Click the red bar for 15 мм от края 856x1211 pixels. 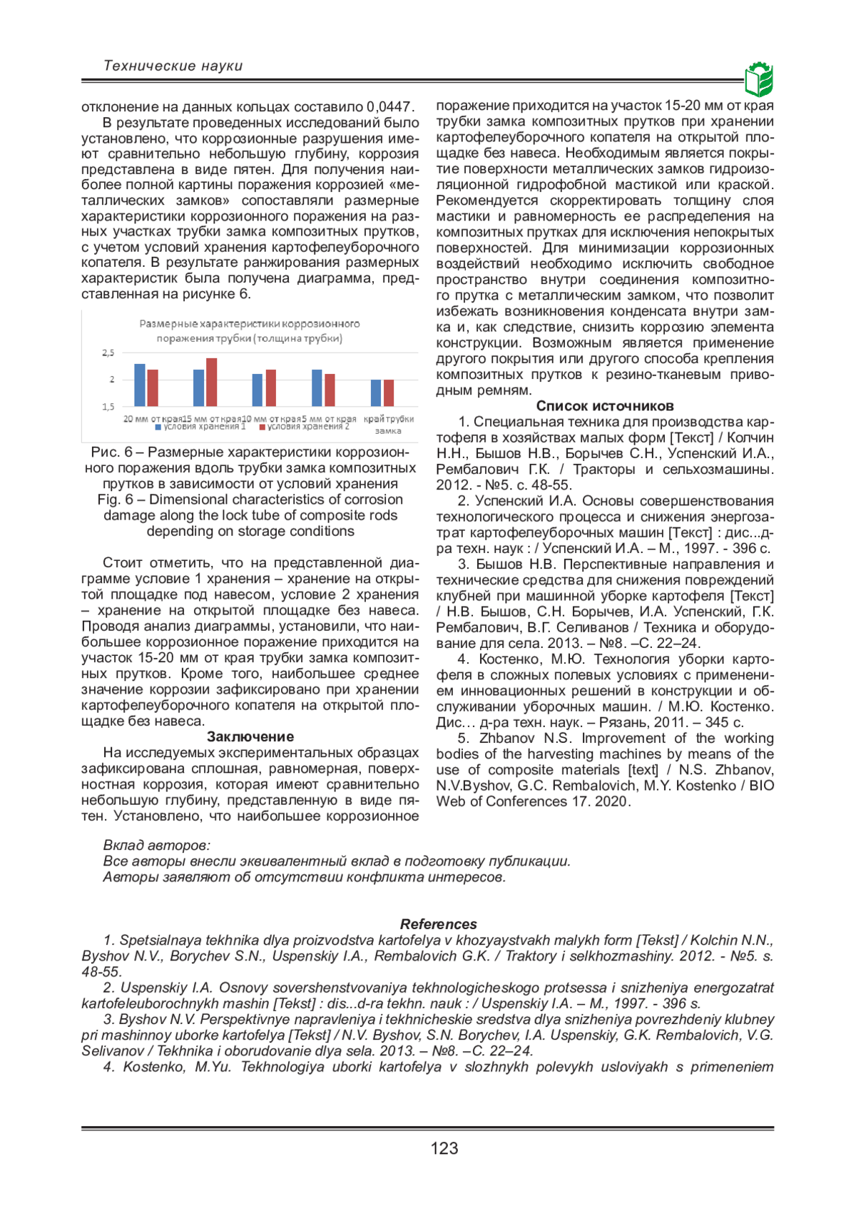pyautogui.click(x=211, y=382)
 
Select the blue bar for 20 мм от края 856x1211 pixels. pyautogui.click(x=140, y=385)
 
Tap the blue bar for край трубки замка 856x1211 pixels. pyautogui.click(x=376, y=392)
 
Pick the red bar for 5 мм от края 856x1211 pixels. pyautogui.click(x=330, y=390)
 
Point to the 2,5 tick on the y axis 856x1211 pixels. pyautogui.click(x=108, y=353)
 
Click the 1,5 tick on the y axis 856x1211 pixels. pyautogui.click(x=108, y=407)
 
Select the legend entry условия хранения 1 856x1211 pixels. pyautogui.click(x=200, y=427)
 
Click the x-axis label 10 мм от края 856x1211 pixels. pyautogui.click(x=270, y=419)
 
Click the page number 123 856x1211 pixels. pyautogui.click(x=444, y=1148)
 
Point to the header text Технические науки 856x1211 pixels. pyautogui.click(x=173, y=66)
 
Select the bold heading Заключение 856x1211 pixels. pyautogui.click(x=250, y=736)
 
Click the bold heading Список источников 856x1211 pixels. pyautogui.click(x=605, y=406)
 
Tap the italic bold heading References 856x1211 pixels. pyautogui.click(x=438, y=924)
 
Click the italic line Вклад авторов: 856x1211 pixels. pyautogui.click(x=157, y=846)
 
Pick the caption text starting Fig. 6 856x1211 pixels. pyautogui.click(x=250, y=500)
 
